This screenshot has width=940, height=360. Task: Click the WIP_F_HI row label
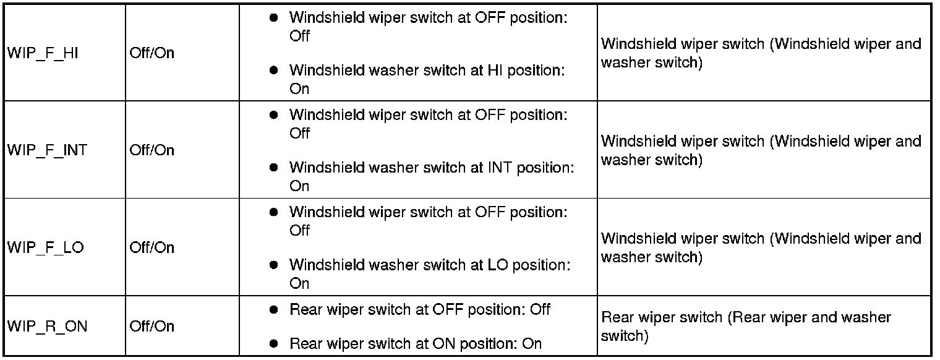pyautogui.click(x=43, y=53)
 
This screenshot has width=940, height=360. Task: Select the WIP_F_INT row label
pyautogui.click(x=47, y=150)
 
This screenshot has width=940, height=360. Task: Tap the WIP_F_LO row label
pyautogui.click(x=45, y=247)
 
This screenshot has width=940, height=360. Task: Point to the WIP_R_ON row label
pyautogui.click(x=47, y=327)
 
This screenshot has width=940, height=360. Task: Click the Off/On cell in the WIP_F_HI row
pyautogui.click(x=152, y=53)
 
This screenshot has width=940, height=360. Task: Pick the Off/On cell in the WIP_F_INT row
pyautogui.click(x=152, y=150)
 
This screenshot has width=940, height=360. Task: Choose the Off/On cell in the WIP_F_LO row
pyautogui.click(x=152, y=247)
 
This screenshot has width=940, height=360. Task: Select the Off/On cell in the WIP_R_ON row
pyautogui.click(x=152, y=326)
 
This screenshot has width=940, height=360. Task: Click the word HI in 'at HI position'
pyautogui.click(x=495, y=71)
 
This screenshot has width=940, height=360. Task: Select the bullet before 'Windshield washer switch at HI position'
pyautogui.click(x=273, y=71)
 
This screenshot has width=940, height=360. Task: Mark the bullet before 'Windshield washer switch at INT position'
pyautogui.click(x=273, y=168)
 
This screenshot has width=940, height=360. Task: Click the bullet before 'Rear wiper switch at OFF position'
pyautogui.click(x=273, y=310)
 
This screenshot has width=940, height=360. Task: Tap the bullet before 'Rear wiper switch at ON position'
pyautogui.click(x=273, y=344)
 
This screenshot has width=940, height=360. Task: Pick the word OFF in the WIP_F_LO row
pyautogui.click(x=490, y=212)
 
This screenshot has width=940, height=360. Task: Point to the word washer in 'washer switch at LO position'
pyautogui.click(x=393, y=265)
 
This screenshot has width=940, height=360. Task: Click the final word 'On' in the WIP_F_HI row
pyautogui.click(x=299, y=89)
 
